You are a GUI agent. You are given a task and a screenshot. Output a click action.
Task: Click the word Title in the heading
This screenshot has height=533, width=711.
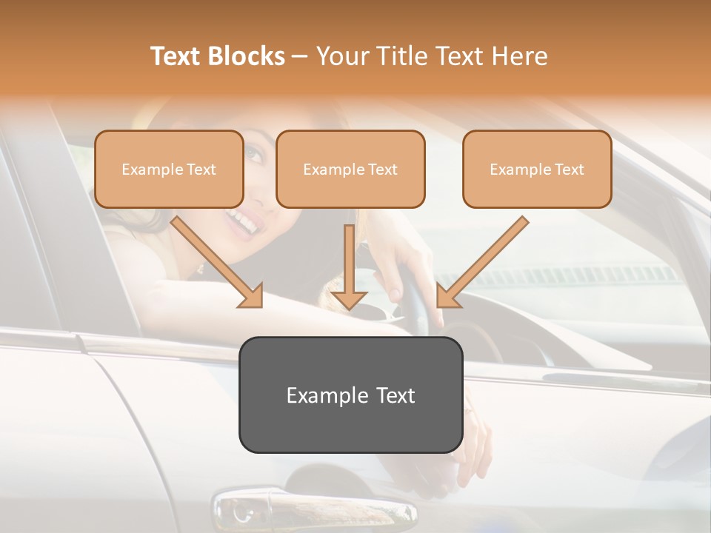coord(403,56)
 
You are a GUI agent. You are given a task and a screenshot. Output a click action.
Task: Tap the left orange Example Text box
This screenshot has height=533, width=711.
coord(169,169)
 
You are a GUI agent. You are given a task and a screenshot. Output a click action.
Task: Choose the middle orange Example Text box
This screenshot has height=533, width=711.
coord(350,169)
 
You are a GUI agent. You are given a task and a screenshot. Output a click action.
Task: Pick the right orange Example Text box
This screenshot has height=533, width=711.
coord(537,169)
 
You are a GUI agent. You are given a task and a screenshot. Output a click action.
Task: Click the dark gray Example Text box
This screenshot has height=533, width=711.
coord(350,395)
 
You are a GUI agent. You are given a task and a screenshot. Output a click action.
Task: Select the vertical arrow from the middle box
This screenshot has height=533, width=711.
coord(349,263)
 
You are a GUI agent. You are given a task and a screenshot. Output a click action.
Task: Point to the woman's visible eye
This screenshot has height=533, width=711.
coord(254,155)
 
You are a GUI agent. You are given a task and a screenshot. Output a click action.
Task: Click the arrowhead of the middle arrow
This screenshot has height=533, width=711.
coord(349,298)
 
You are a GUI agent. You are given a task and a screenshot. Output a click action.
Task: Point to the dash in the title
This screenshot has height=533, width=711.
coord(300,56)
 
